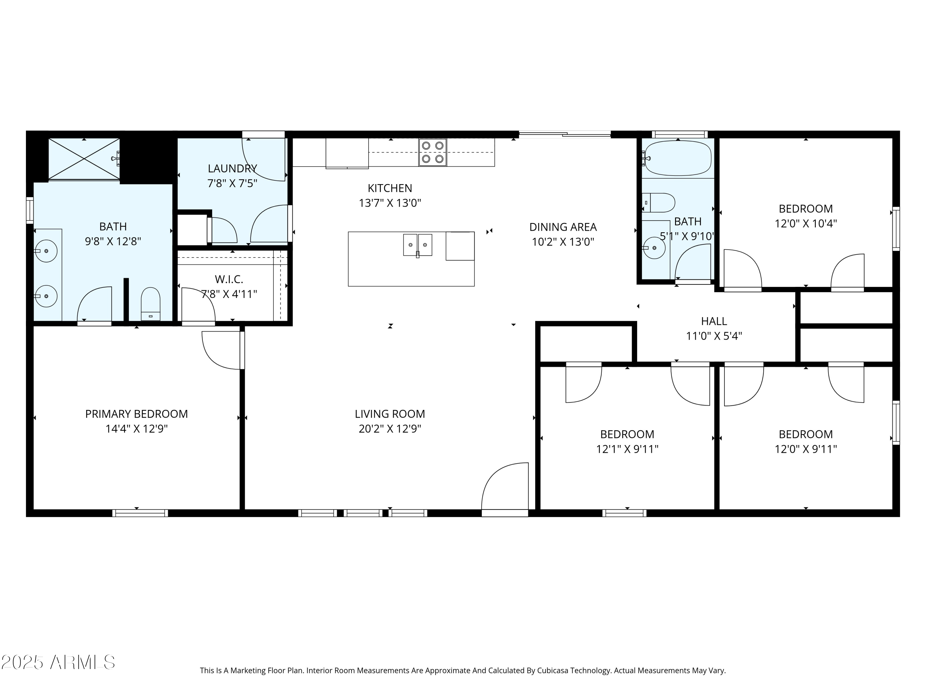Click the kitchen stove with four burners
[432, 152]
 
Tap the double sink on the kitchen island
[417, 245]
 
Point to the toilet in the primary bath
[150, 303]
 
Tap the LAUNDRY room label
[232, 169]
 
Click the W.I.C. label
[229, 279]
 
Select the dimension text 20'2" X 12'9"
[390, 429]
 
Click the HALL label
[714, 321]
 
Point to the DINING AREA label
[563, 227]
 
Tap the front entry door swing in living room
[506, 487]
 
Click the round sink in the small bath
[654, 248]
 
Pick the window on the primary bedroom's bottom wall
[140, 513]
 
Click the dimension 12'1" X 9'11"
[627, 449]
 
